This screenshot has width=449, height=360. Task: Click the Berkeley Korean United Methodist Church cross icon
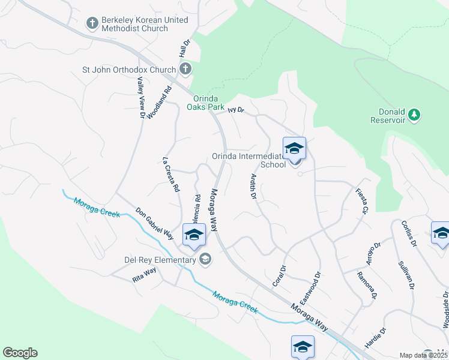92,23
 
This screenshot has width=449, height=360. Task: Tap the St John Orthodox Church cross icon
185,70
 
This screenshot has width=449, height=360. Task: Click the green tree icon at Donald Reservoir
413,114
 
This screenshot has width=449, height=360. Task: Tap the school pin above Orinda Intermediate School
294,148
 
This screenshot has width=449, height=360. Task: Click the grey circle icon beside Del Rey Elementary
205,259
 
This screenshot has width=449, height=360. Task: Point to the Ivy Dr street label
237,110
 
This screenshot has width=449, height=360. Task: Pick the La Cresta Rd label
171,174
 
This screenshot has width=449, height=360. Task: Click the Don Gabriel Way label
154,223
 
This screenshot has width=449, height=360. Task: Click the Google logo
20,353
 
